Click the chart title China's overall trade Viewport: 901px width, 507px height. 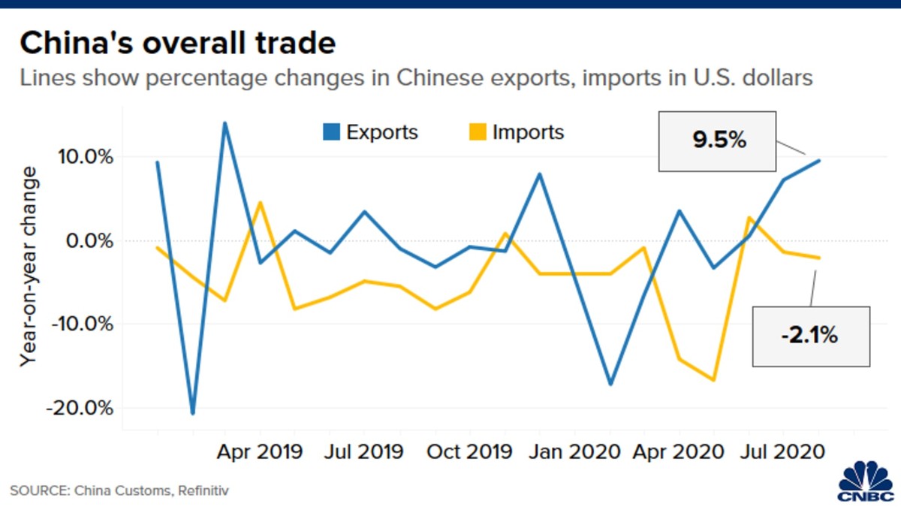tap(177, 44)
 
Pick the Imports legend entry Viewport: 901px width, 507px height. tap(517, 133)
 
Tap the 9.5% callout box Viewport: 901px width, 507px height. tap(718, 140)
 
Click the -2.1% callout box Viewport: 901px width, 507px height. tap(810, 336)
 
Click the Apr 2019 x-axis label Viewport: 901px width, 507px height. tap(260, 452)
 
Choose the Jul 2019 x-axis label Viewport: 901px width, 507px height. tap(364, 452)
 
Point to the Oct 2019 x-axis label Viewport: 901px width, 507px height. tap(470, 452)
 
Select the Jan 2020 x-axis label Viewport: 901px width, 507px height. tap(574, 452)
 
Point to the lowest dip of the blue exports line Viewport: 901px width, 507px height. tap(193, 413)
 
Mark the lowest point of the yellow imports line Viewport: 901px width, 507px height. tap(714, 380)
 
